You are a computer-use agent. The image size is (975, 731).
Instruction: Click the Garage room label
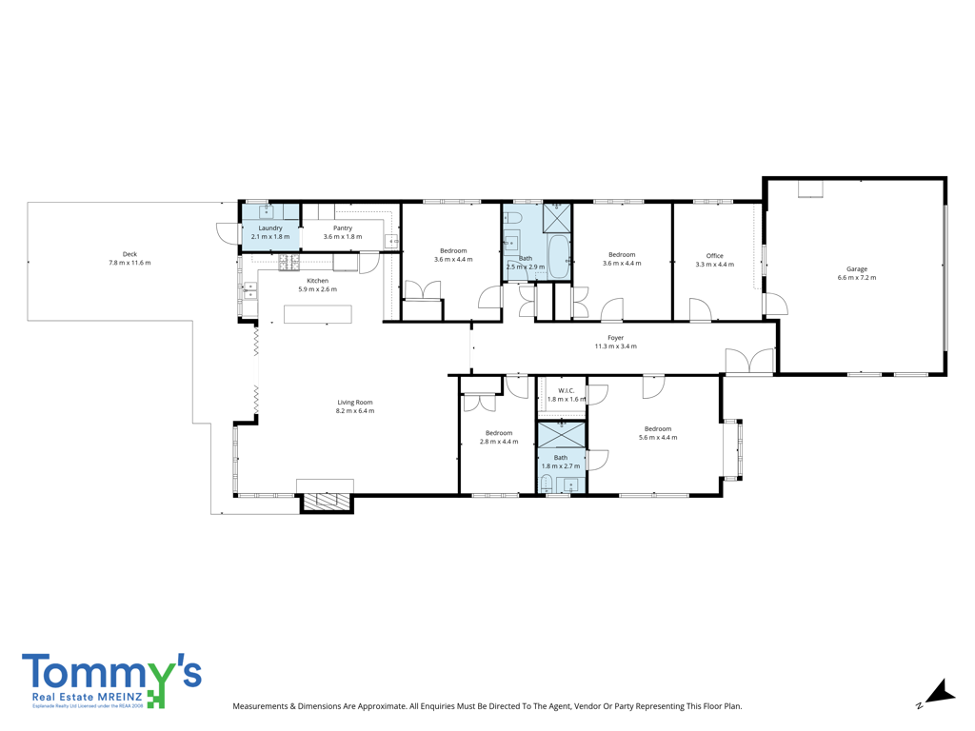click(x=856, y=269)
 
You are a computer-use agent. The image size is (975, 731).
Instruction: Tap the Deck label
click(x=129, y=254)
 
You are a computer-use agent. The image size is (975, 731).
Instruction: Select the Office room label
click(x=714, y=255)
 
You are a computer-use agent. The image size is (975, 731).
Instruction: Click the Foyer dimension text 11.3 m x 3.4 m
click(x=616, y=346)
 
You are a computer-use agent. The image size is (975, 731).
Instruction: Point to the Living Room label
click(x=355, y=403)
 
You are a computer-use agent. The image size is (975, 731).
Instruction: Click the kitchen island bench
click(x=318, y=314)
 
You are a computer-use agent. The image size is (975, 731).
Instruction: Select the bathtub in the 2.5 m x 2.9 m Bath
click(x=558, y=257)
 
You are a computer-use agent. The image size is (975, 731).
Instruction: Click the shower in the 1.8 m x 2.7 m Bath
click(x=562, y=434)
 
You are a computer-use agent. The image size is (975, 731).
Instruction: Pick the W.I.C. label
click(x=566, y=391)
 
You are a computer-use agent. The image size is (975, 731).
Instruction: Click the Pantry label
click(x=343, y=228)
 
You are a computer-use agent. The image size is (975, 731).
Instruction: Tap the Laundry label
click(x=270, y=228)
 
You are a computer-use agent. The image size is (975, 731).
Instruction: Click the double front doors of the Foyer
click(x=750, y=361)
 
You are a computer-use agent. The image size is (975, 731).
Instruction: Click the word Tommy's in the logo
click(x=112, y=672)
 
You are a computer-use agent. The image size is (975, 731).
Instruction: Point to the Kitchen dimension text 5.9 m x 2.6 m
click(x=318, y=289)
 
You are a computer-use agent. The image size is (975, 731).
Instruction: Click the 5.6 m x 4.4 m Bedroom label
click(x=658, y=429)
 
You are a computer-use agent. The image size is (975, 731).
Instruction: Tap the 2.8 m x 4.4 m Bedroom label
click(x=499, y=433)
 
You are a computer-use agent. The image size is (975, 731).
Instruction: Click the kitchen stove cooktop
click(x=289, y=263)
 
